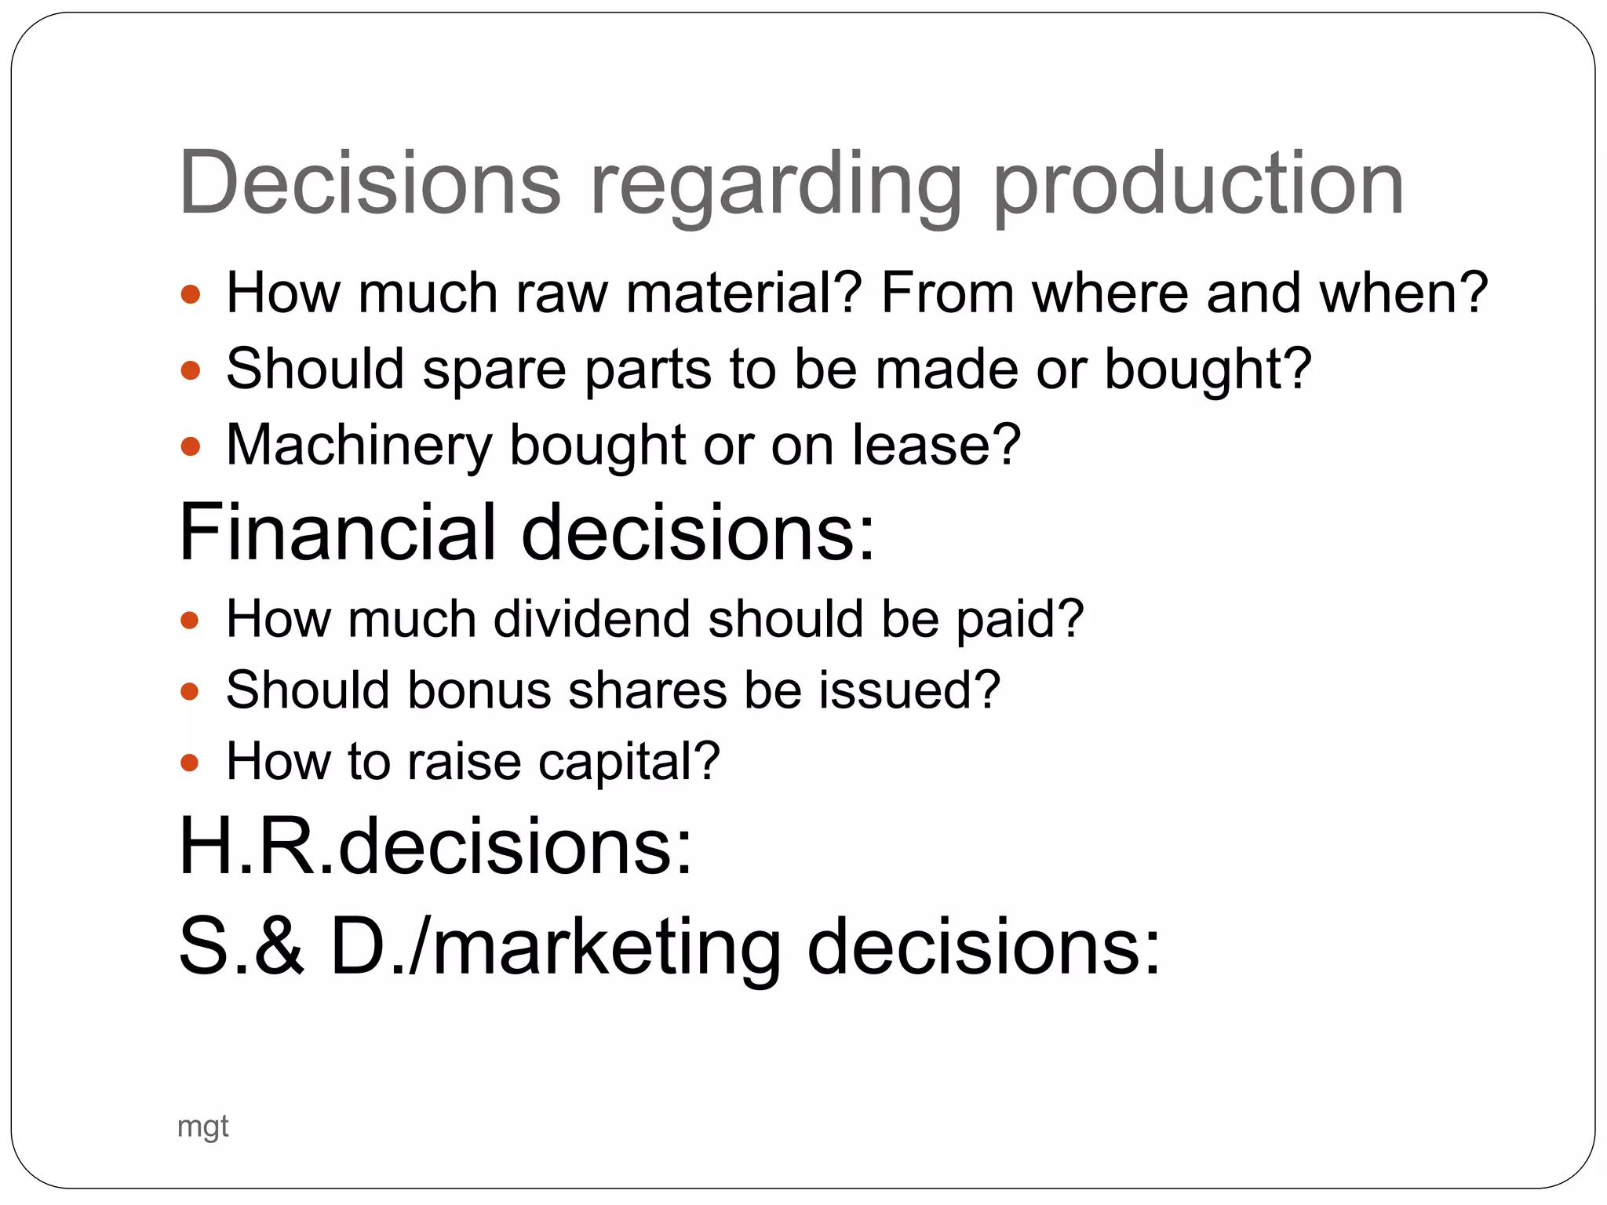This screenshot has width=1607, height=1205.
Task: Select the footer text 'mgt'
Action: pyautogui.click(x=203, y=1127)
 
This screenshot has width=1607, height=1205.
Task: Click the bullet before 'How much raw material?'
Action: pyautogui.click(x=191, y=295)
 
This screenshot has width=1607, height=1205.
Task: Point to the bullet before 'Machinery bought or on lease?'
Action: pyautogui.click(x=191, y=446)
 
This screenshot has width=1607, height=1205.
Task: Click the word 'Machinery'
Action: pyautogui.click(x=359, y=446)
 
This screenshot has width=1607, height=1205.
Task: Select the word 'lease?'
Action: pyautogui.click(x=937, y=445)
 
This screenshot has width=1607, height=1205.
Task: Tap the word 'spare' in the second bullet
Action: pyautogui.click(x=494, y=369)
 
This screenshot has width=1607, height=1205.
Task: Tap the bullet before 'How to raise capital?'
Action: pyautogui.click(x=191, y=763)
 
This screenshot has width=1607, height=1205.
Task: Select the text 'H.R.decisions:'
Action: pyautogui.click(x=436, y=846)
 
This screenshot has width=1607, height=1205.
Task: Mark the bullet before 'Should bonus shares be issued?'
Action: pyautogui.click(x=191, y=691)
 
